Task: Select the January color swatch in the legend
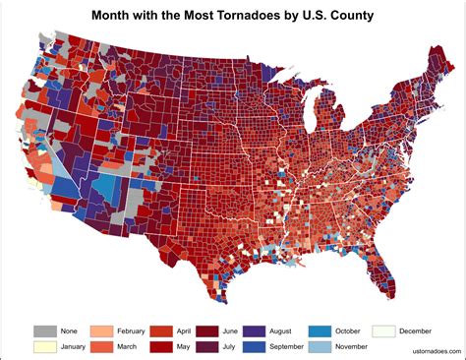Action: click(x=44, y=347)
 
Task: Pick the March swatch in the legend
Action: click(x=101, y=347)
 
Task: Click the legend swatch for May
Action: click(x=160, y=347)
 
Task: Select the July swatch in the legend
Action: click(x=208, y=347)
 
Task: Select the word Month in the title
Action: click(x=114, y=17)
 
